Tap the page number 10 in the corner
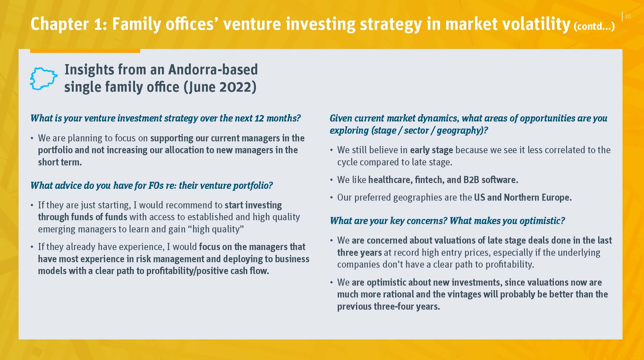pyautogui.click(x=628, y=16)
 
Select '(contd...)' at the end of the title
pyautogui.click(x=594, y=26)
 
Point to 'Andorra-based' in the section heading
pyautogui.click(x=213, y=70)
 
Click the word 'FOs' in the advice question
pyautogui.click(x=156, y=186)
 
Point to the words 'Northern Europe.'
pyautogui.click(x=538, y=197)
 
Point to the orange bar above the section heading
pyautogui.click(x=85, y=51)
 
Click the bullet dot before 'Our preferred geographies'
pyautogui.click(x=331, y=198)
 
